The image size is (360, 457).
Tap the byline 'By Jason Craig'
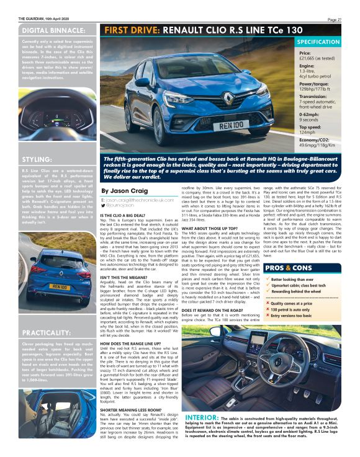[x=124, y=191]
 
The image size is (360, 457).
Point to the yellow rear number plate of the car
[x=60, y=286]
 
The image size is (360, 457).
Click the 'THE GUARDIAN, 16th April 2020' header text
[x=44, y=19]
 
